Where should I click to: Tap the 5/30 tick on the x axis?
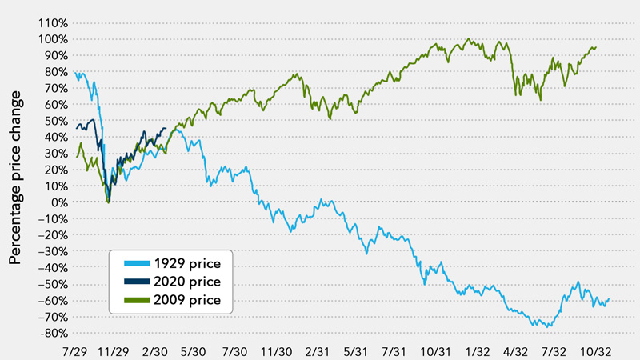(x=194, y=350)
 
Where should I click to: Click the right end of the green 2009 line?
(x=596, y=47)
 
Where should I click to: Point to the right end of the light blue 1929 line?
(x=610, y=300)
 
